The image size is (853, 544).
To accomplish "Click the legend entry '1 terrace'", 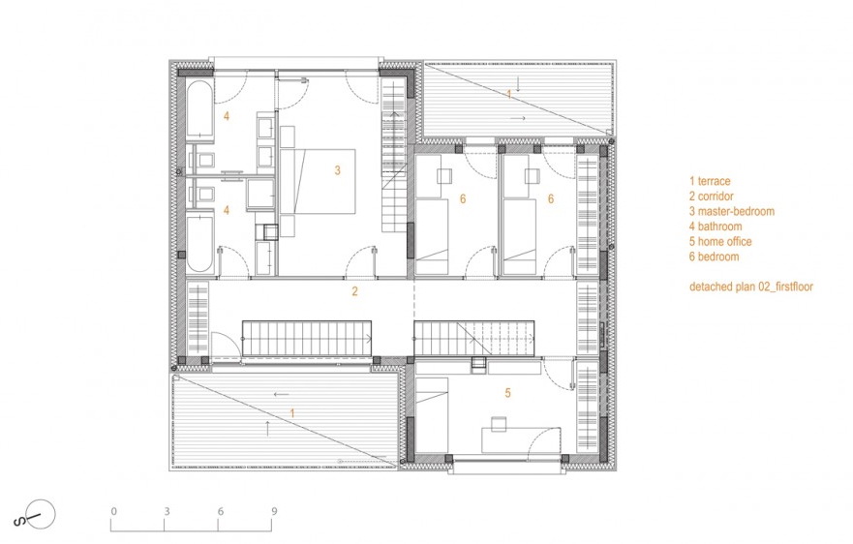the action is click(x=710, y=181).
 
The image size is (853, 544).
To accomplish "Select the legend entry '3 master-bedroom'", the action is click(x=732, y=211).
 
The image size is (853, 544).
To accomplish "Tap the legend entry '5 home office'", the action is click(x=720, y=242).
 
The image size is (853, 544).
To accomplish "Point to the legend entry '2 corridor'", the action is click(x=712, y=196).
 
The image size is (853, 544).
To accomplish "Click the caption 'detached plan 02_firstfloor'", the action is click(x=751, y=287).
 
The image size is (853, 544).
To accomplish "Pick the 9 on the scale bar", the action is click(x=274, y=511).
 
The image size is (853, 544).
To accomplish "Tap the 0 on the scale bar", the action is click(x=113, y=511).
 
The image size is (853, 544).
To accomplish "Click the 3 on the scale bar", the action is click(x=167, y=511).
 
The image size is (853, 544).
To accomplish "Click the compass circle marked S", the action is click(x=42, y=514).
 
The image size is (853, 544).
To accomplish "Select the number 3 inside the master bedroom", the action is click(x=337, y=170).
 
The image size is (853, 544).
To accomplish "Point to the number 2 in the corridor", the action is click(x=354, y=291).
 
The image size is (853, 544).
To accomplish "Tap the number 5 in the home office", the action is click(x=508, y=393).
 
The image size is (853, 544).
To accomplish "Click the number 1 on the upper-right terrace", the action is click(x=509, y=95).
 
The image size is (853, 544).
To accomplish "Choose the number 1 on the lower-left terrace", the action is click(x=292, y=413).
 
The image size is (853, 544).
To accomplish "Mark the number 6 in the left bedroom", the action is click(x=463, y=199).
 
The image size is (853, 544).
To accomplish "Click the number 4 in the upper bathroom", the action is click(x=227, y=116).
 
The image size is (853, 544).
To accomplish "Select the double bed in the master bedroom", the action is click(x=318, y=181).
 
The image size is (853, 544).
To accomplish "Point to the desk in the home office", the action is click(x=521, y=439).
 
